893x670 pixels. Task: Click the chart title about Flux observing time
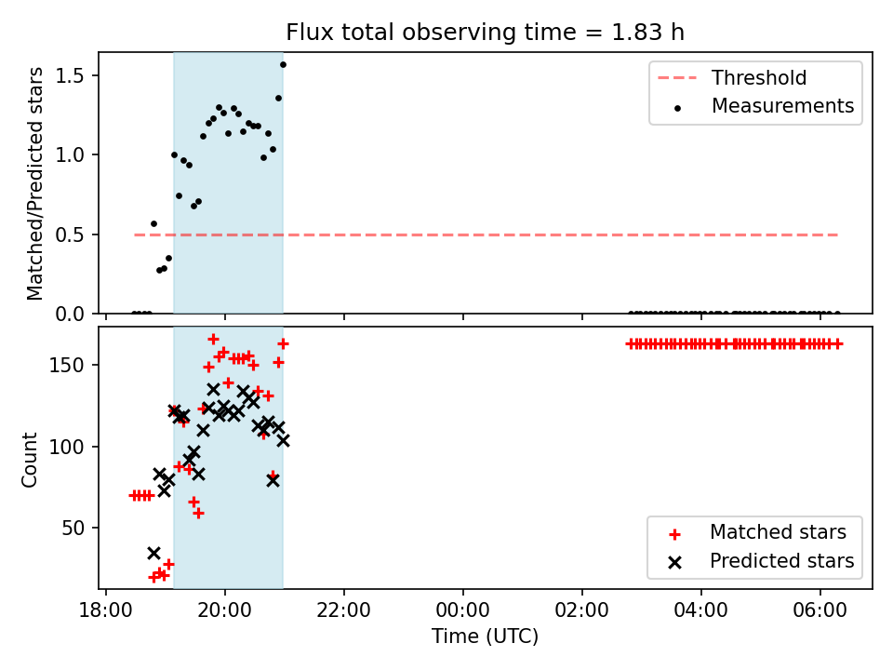(x=485, y=32)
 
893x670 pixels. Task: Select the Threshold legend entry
(x=732, y=77)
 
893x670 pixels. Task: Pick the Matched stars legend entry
(x=757, y=532)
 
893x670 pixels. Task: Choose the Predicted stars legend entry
(x=761, y=561)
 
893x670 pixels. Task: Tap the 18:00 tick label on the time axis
(x=105, y=610)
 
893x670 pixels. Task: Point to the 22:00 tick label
(x=343, y=610)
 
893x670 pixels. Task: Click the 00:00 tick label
(x=462, y=610)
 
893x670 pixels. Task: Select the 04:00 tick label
(x=700, y=610)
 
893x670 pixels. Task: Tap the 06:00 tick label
(x=820, y=610)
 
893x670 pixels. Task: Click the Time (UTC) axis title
(x=485, y=636)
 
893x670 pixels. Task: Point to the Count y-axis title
(x=29, y=460)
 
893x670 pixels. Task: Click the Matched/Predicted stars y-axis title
(x=34, y=183)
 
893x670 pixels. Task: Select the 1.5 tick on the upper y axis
(x=70, y=75)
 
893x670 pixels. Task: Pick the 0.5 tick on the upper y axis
(x=70, y=234)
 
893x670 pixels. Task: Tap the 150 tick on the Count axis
(x=67, y=365)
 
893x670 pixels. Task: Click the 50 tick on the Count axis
(x=73, y=529)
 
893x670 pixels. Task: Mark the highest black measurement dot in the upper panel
(x=283, y=65)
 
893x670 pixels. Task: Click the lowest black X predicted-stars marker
(x=153, y=553)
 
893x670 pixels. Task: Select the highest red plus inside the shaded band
(x=213, y=339)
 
